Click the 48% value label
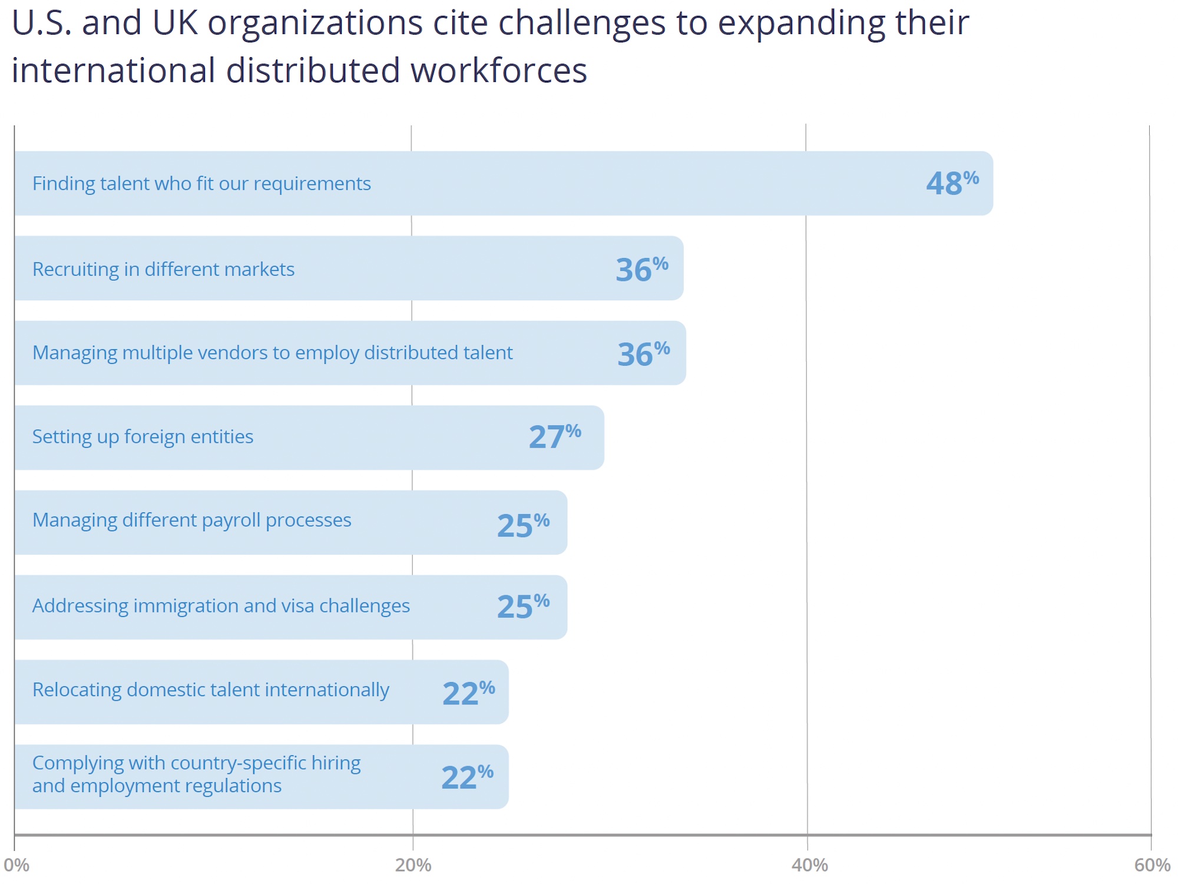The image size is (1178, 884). pos(951,183)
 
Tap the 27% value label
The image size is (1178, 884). pos(554,436)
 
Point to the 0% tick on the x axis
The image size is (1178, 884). pos(16,865)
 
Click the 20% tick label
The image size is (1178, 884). pos(413,865)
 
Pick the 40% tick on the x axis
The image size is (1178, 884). pos(809,865)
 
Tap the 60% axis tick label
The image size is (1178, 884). pos(1152,865)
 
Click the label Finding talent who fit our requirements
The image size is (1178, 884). pos(201,184)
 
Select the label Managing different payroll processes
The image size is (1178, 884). pos(191,520)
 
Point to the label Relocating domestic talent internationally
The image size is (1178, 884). pos(210,690)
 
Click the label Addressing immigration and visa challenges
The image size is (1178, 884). pos(221,605)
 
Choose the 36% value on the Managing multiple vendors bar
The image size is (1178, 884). pos(643,354)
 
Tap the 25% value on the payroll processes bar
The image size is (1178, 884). pos(523,525)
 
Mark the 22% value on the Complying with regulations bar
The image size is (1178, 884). pos(467,777)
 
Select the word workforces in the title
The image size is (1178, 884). pos(498,71)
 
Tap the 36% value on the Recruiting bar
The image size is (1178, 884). pos(641,269)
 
